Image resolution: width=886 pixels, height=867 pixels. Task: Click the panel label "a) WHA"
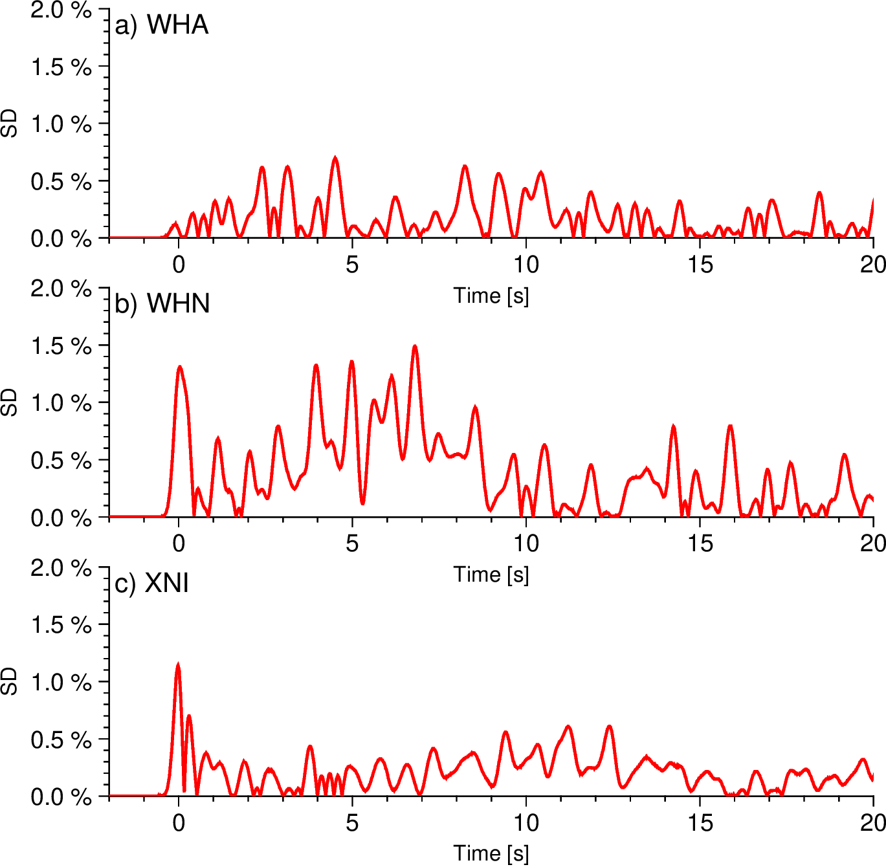[161, 25]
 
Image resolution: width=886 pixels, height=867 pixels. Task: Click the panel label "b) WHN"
[162, 303]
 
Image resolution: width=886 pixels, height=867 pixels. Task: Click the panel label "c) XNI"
[151, 584]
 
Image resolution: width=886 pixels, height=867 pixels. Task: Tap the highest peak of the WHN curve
[415, 347]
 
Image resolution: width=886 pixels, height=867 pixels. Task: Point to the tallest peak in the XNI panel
[178, 665]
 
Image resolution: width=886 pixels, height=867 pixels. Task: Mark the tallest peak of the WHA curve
[335, 158]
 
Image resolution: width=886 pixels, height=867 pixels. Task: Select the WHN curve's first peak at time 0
[179, 368]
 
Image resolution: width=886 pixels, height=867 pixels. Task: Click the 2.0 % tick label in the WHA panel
[61, 10]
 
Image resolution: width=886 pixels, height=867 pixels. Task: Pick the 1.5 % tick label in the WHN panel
[61, 346]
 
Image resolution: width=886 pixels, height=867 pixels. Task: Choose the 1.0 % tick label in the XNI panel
[61, 682]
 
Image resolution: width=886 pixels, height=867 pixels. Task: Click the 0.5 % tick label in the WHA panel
[61, 182]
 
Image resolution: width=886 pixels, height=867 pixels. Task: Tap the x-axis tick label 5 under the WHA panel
[351, 265]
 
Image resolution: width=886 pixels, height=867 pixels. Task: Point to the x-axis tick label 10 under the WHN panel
[526, 543]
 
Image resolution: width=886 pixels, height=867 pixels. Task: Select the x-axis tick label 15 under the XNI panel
[700, 823]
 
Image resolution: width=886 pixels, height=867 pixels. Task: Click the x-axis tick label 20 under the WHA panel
[873, 265]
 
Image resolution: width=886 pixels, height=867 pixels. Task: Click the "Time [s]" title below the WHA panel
[491, 296]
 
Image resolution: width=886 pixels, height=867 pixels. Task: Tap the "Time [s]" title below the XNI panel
[491, 853]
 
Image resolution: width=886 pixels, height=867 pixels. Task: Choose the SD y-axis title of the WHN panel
[10, 402]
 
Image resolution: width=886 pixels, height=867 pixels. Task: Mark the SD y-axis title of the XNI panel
[10, 682]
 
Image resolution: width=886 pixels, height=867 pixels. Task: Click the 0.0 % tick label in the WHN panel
[61, 518]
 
